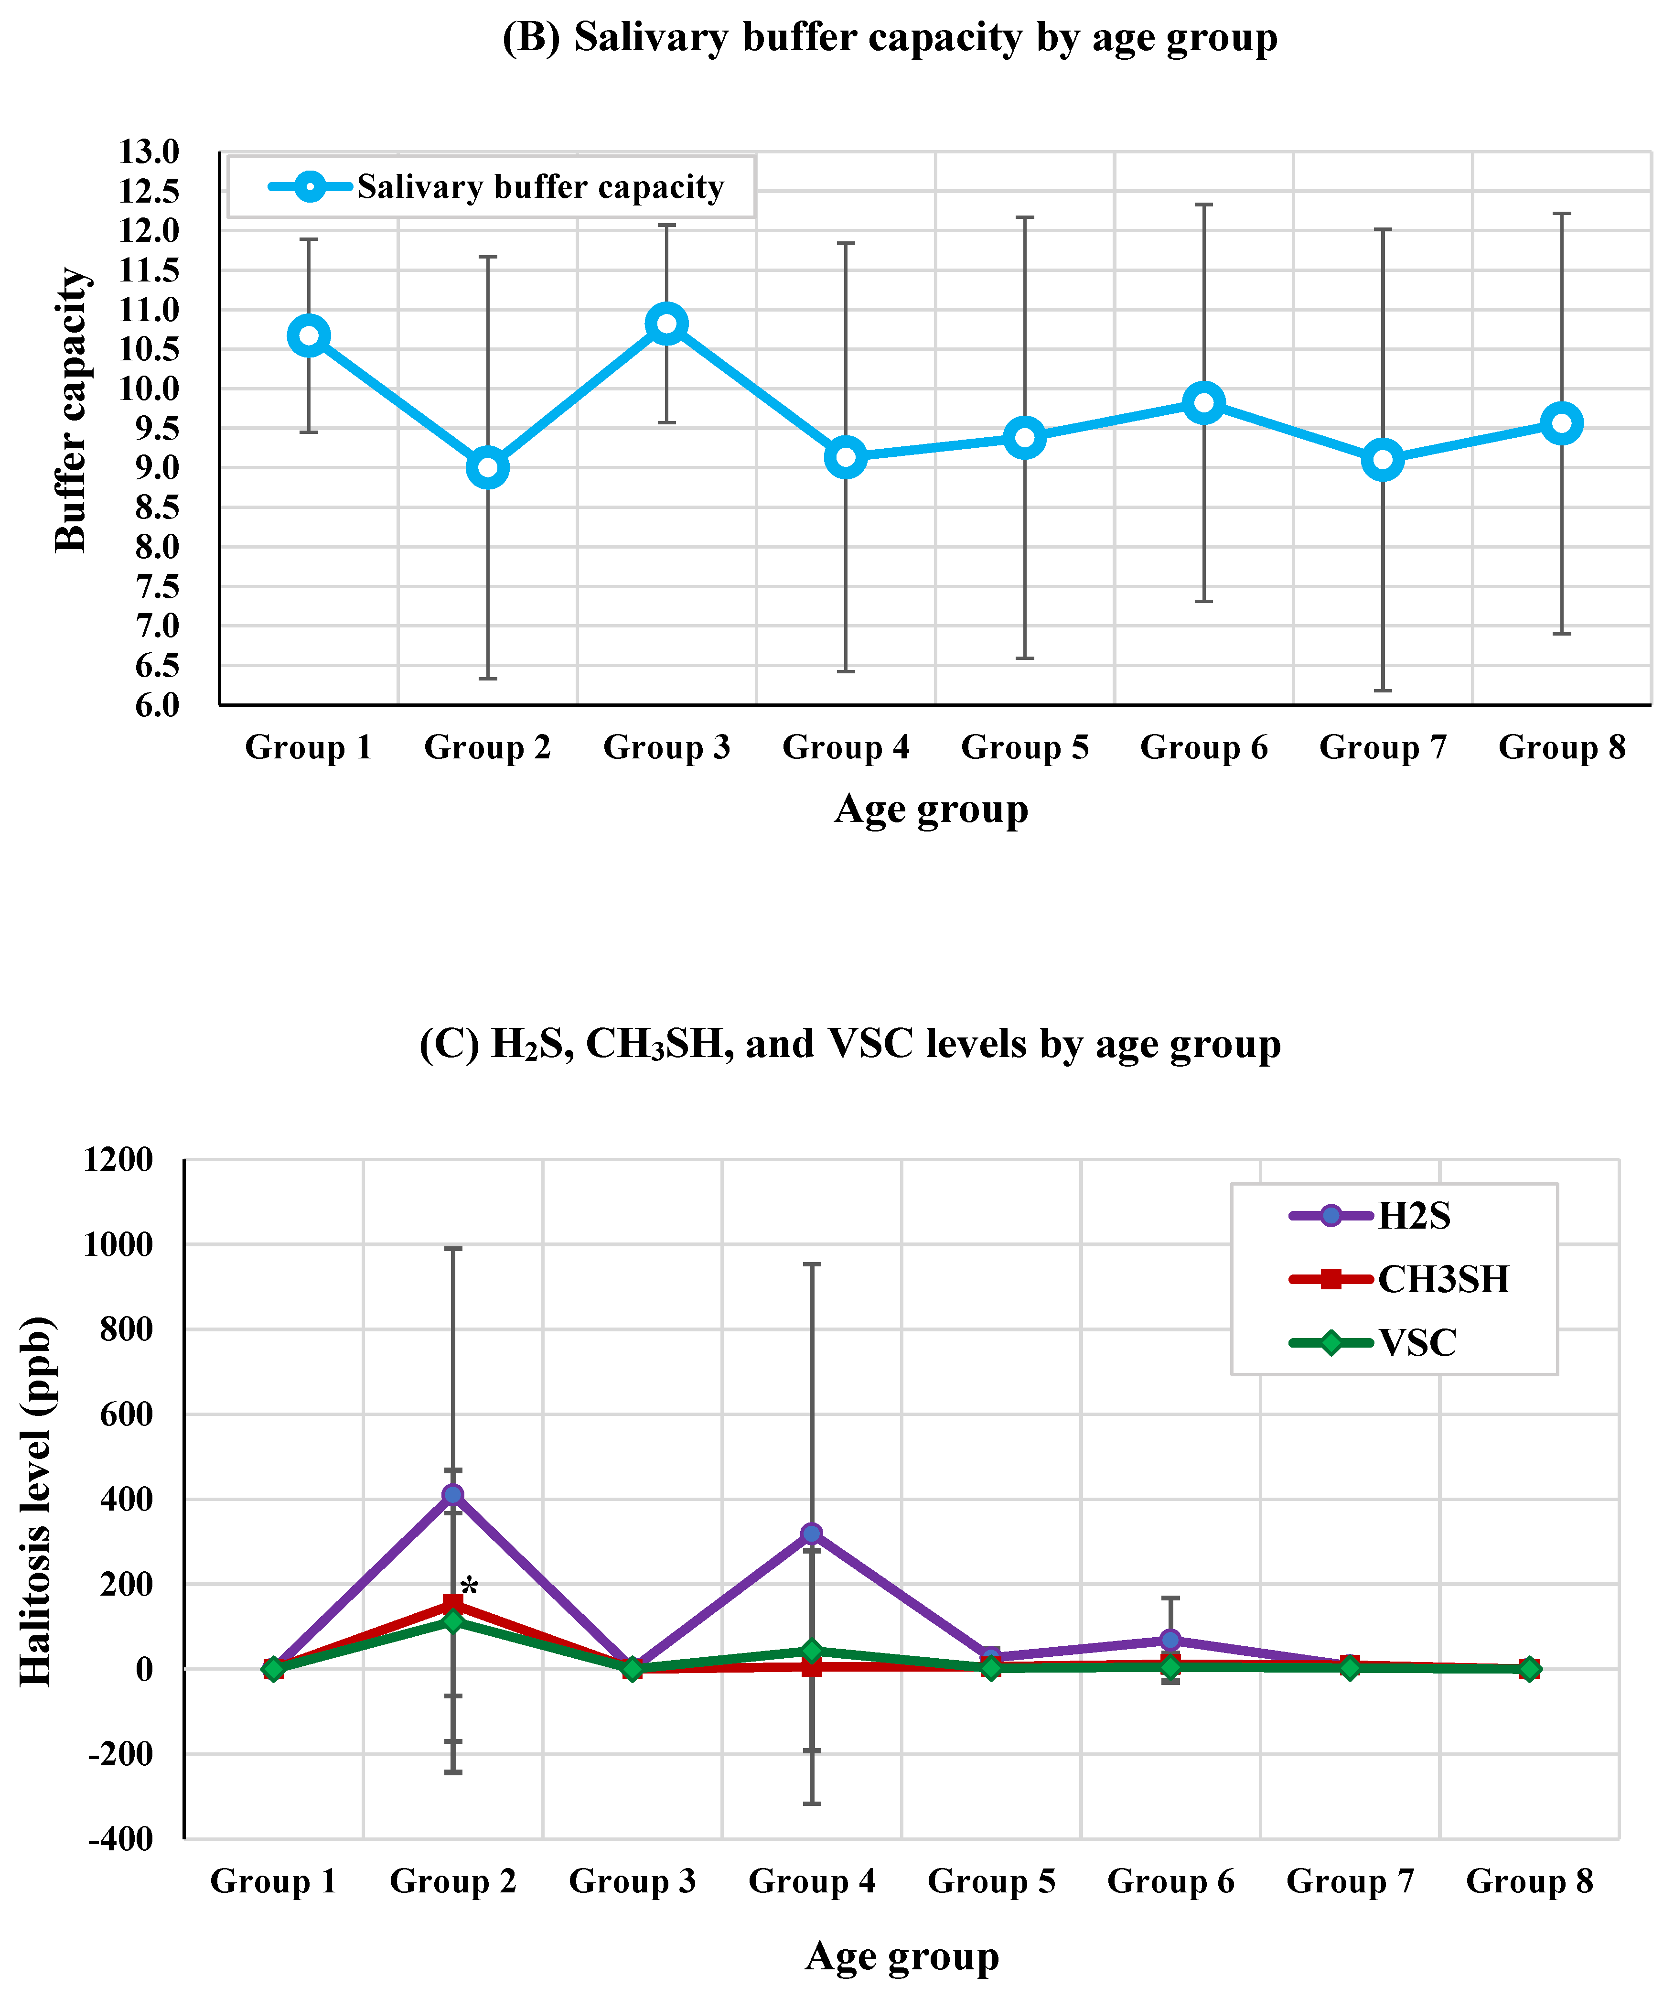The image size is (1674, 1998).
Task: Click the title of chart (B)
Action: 890,38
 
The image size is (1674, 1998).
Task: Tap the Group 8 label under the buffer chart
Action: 1562,748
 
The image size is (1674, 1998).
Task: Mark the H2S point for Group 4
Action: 811,1534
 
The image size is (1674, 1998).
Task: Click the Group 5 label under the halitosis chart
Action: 991,1882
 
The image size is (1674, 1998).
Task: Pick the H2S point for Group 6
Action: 1170,1640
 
